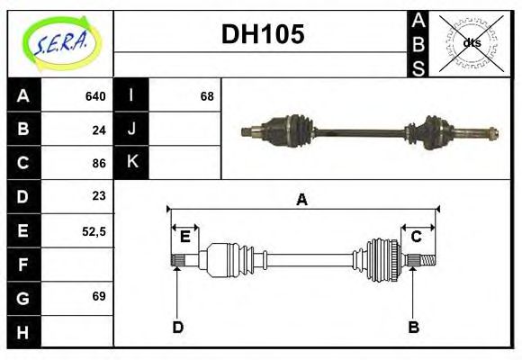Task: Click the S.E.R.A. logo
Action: pos(60,42)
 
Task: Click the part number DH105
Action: pos(262,36)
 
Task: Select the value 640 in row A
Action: pos(94,95)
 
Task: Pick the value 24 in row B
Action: pos(99,130)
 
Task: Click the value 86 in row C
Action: pos(99,164)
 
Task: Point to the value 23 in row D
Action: pos(99,196)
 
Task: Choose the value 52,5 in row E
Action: pos(94,230)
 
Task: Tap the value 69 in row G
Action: pos(99,296)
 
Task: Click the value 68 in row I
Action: pos(206,95)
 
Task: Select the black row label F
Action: pos(23,264)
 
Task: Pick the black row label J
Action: pos(131,130)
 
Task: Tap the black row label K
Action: pos(131,163)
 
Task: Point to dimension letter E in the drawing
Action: pos(184,237)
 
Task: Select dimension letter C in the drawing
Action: pos(417,237)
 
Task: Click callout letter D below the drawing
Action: pos(177,327)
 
